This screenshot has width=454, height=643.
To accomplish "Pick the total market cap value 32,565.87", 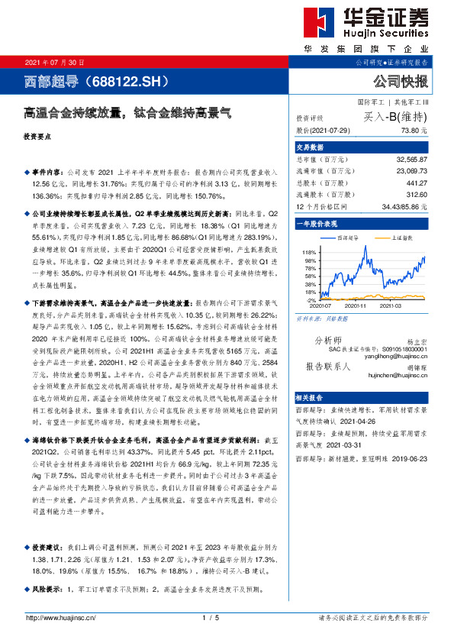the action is pos(412,158).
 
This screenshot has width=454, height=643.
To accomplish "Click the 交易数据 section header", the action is pos(309,147).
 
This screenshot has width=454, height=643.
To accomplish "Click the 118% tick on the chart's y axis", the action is pos(310,252).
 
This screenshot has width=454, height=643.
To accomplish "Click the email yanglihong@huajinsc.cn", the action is pos(396,334).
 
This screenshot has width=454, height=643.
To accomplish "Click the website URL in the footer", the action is pos(61,618).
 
